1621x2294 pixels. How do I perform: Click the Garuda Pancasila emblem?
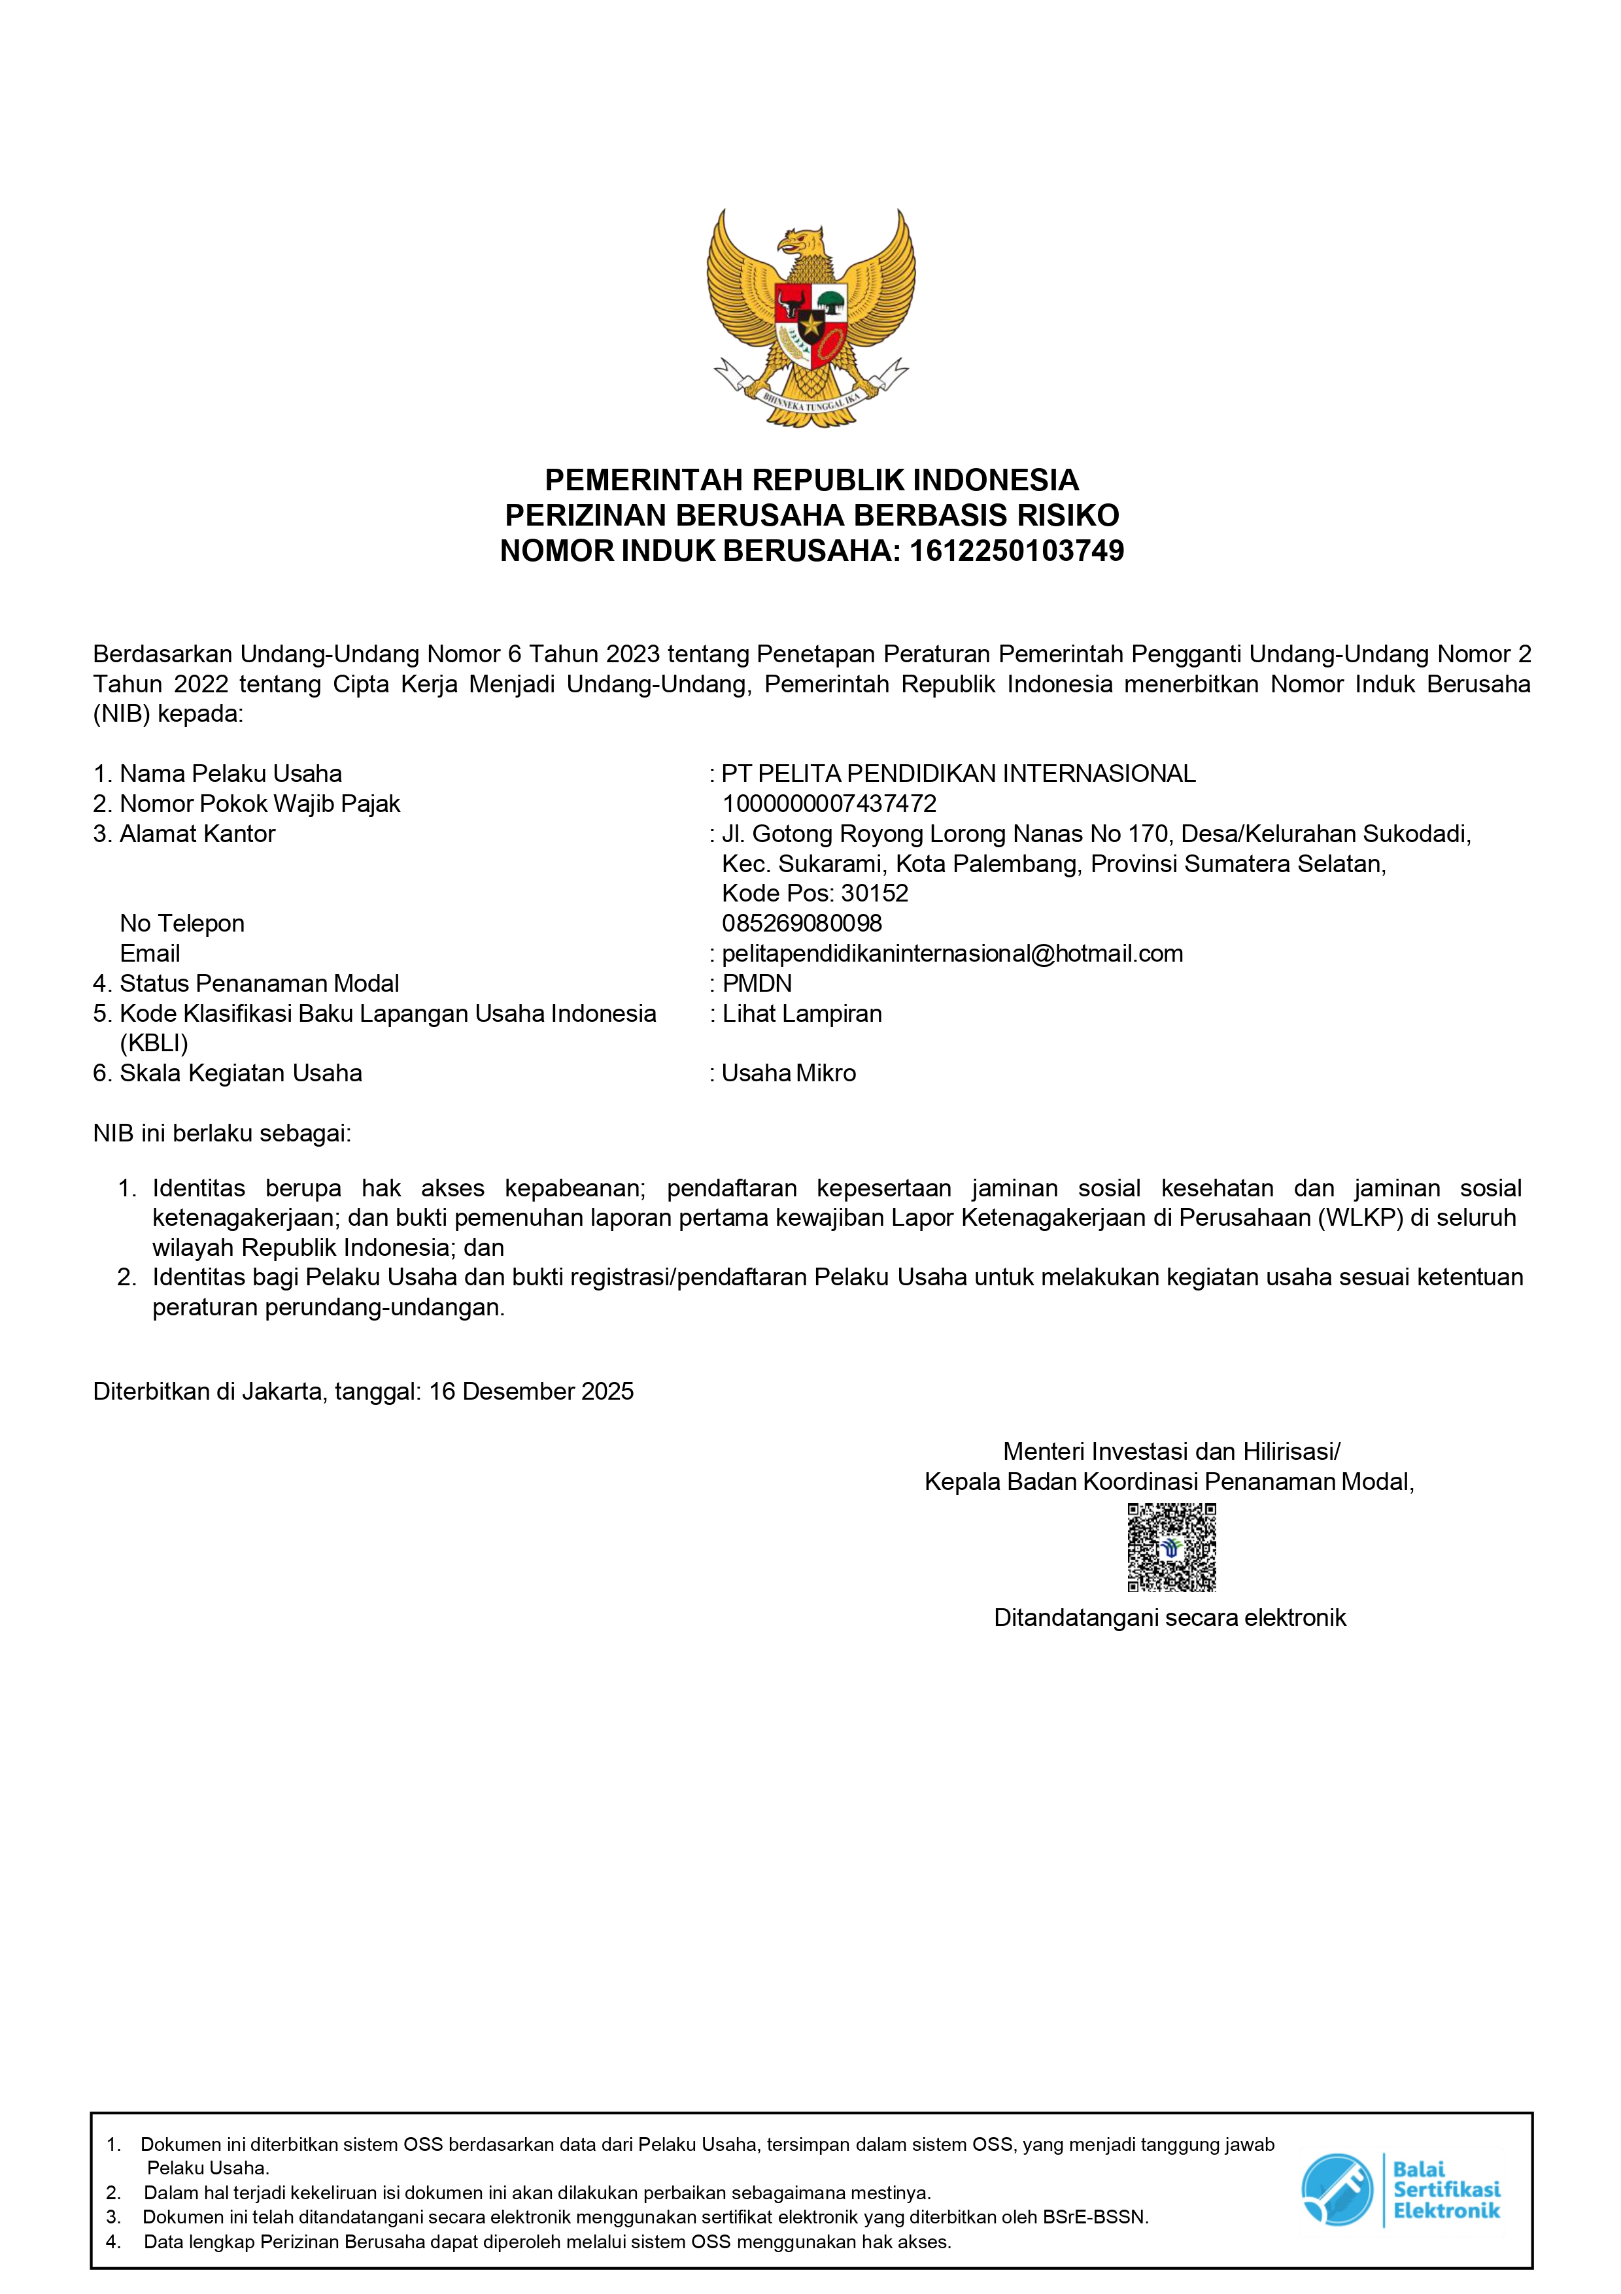(x=811, y=318)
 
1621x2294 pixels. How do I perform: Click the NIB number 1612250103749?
(x=1015, y=550)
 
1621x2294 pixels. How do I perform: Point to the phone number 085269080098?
(x=802, y=923)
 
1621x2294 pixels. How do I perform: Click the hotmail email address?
(x=953, y=953)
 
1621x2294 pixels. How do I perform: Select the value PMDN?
(x=757, y=983)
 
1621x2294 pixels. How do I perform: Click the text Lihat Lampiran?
(x=802, y=1013)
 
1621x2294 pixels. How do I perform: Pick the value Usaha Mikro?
(x=789, y=1073)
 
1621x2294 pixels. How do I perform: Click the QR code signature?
(x=1171, y=1547)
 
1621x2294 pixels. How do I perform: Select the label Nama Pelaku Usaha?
(x=230, y=773)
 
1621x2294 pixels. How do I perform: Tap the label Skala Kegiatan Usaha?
(x=240, y=1073)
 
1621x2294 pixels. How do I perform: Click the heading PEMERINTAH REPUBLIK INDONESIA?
(x=811, y=480)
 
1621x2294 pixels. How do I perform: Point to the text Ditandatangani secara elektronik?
(x=1169, y=1617)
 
